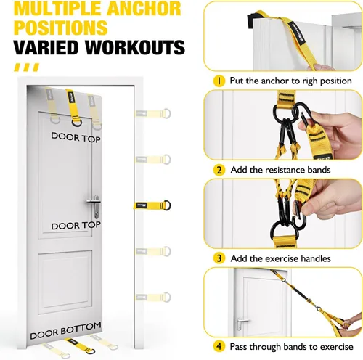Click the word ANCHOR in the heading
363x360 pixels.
point(144,8)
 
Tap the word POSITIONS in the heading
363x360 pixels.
point(60,28)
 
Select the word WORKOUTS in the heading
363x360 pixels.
point(135,46)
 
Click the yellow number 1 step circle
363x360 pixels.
point(219,81)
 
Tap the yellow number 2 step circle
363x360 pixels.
point(219,170)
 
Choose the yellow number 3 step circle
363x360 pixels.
point(219,258)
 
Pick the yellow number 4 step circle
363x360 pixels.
point(219,346)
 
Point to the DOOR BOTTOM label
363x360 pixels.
point(65,330)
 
